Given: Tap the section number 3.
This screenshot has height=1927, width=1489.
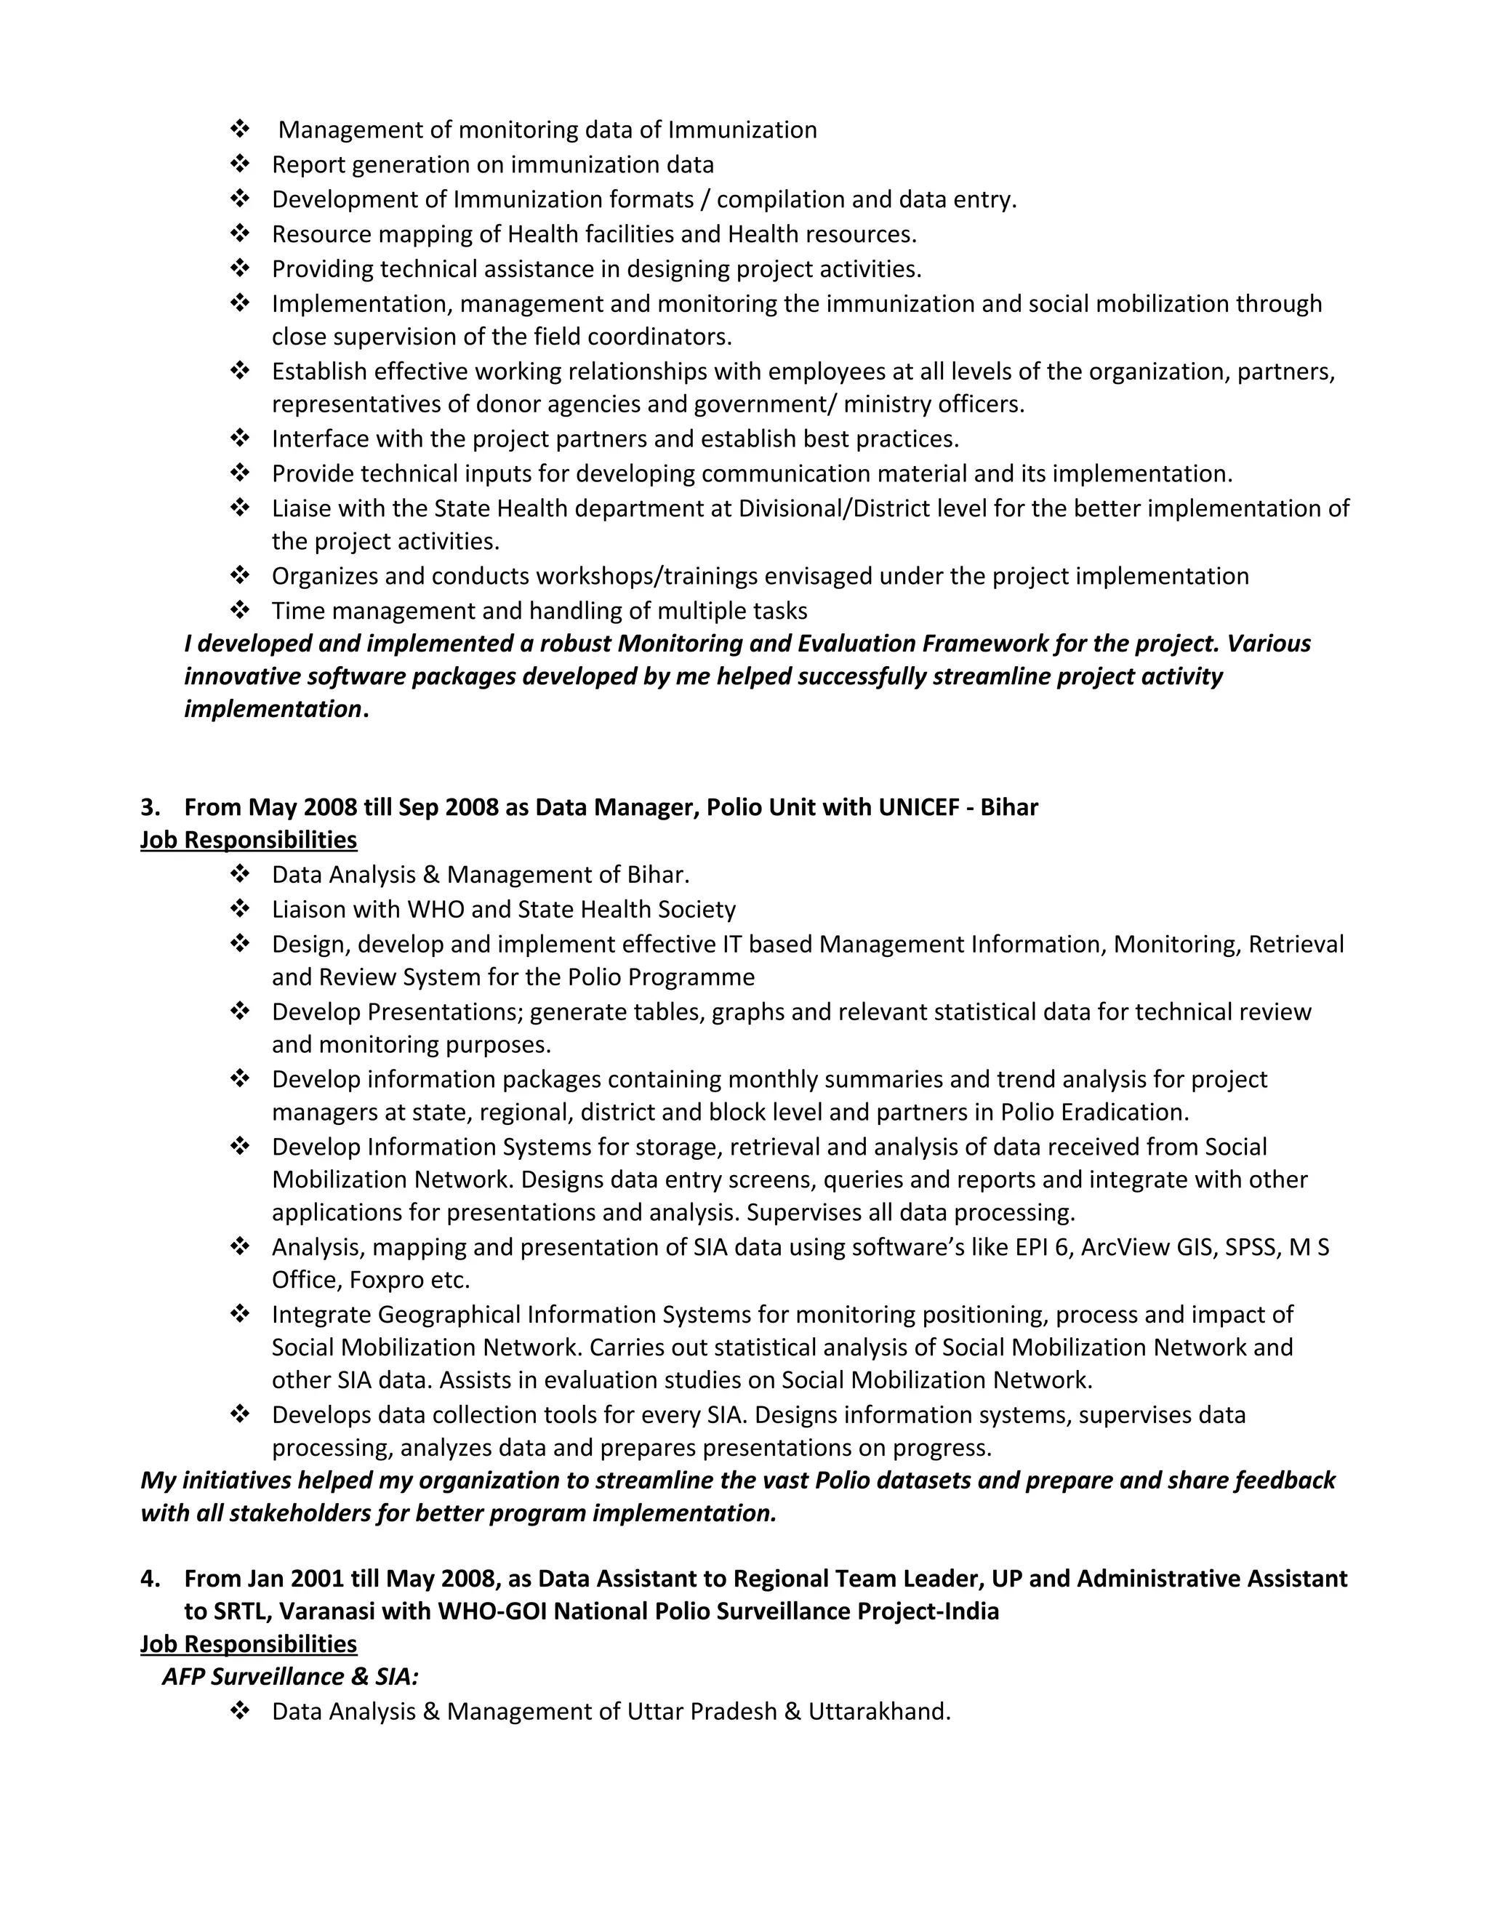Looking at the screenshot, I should pyautogui.click(x=148, y=807).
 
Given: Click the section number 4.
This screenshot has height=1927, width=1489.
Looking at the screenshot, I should pyautogui.click(x=148, y=1579).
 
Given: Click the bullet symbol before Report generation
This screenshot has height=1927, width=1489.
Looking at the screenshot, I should pyautogui.click(x=239, y=164).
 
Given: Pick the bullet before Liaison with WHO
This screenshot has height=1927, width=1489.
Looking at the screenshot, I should pyautogui.click(x=239, y=909).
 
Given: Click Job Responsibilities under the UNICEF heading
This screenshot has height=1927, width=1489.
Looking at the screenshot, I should pyautogui.click(x=249, y=840).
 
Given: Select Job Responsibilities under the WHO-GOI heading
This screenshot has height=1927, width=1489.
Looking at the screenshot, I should pyautogui.click(x=249, y=1644).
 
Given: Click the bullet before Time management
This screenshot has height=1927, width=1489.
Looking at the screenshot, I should pyautogui.click(x=239, y=611).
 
